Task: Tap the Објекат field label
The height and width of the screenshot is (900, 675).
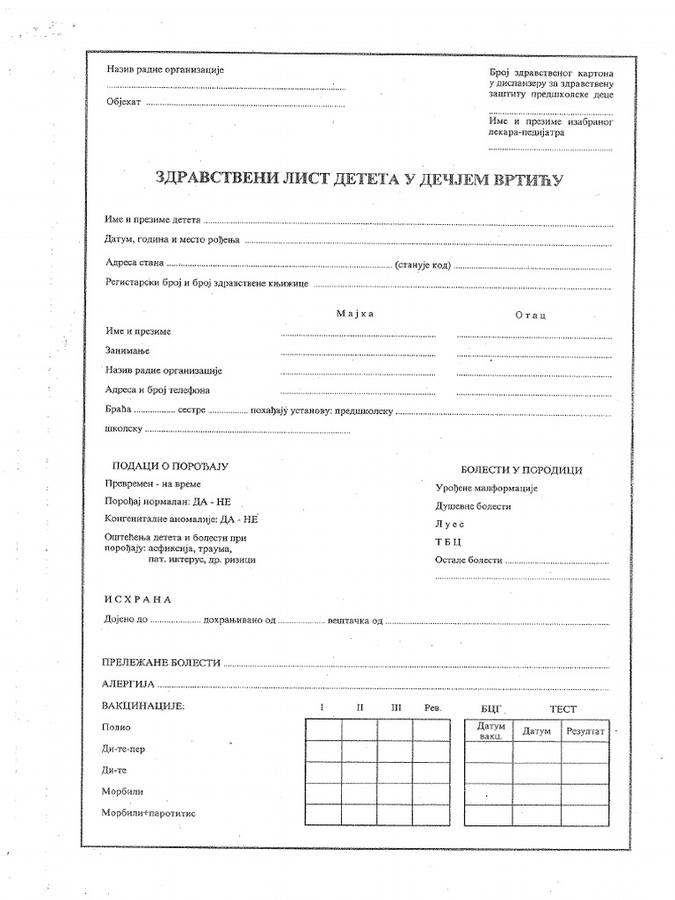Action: click(123, 103)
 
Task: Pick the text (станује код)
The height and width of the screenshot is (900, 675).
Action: click(424, 264)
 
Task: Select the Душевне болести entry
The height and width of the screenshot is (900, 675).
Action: click(473, 506)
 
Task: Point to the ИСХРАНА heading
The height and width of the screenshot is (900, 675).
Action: click(136, 599)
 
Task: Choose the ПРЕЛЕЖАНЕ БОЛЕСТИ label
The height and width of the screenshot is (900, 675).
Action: click(159, 663)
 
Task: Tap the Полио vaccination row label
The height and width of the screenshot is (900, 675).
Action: click(117, 727)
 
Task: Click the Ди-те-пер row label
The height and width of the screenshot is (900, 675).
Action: click(125, 749)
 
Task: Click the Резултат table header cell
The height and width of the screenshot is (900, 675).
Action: click(585, 730)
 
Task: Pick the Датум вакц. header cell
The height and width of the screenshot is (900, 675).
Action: click(490, 730)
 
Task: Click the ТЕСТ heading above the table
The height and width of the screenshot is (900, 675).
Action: click(564, 708)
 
